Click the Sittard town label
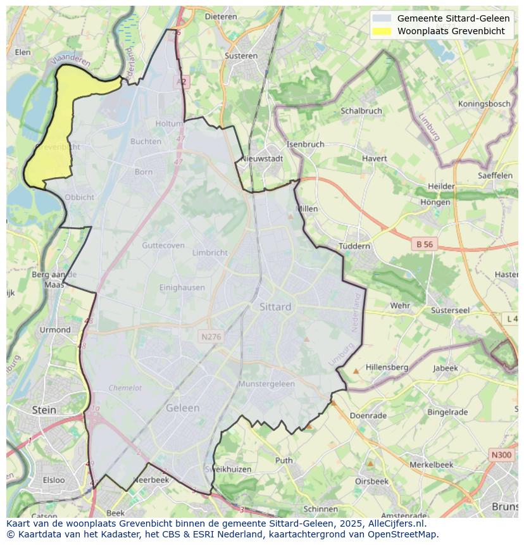[x=275, y=307]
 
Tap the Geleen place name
[x=182, y=408]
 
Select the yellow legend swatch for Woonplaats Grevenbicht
[x=382, y=31]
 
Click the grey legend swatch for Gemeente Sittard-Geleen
[x=382, y=18]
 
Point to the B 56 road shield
[x=425, y=244]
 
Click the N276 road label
[x=211, y=337]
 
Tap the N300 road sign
[x=501, y=455]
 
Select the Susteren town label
[x=241, y=56]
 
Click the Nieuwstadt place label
[x=263, y=159]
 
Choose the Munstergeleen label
[x=266, y=384]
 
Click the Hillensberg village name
[x=387, y=367]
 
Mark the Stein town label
[x=44, y=410]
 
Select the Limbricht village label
[x=209, y=253]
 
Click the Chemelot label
[x=125, y=388]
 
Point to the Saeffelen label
[x=496, y=175]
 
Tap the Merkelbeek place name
[x=432, y=465]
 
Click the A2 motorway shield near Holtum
[x=182, y=82]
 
